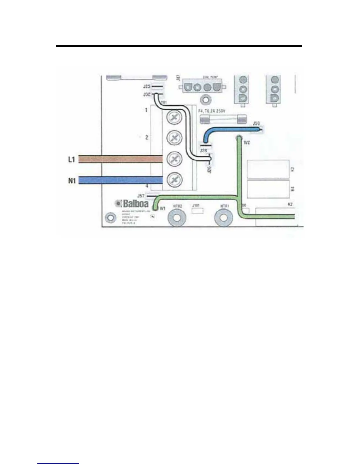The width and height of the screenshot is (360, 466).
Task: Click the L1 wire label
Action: pos(72,159)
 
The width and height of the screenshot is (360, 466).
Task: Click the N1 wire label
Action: pos(72,180)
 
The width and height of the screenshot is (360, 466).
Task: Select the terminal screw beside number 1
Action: pos(174,118)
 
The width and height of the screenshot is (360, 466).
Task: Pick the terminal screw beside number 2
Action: pos(174,138)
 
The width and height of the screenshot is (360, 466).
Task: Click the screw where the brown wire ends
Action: pos(174,159)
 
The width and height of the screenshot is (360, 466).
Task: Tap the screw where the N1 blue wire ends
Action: pos(174,180)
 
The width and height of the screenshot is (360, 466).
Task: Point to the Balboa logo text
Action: pos(136,204)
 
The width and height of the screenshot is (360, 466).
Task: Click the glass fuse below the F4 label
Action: pos(223,119)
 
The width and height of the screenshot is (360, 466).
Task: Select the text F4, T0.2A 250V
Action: pos(212,111)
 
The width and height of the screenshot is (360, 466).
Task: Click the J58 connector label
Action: pos(256,123)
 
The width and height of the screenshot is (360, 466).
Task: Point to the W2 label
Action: pos(247,143)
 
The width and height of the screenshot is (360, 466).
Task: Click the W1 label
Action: pos(163,208)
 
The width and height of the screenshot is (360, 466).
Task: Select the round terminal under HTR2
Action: pos(178,218)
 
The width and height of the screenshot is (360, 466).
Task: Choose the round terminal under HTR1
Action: pos(224,218)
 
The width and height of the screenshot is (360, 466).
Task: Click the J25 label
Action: pos(147,86)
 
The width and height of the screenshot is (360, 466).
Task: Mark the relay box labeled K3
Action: pos(268,169)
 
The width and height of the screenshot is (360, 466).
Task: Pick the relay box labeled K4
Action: pos(268,189)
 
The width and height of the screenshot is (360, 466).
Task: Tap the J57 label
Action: pos(141,196)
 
